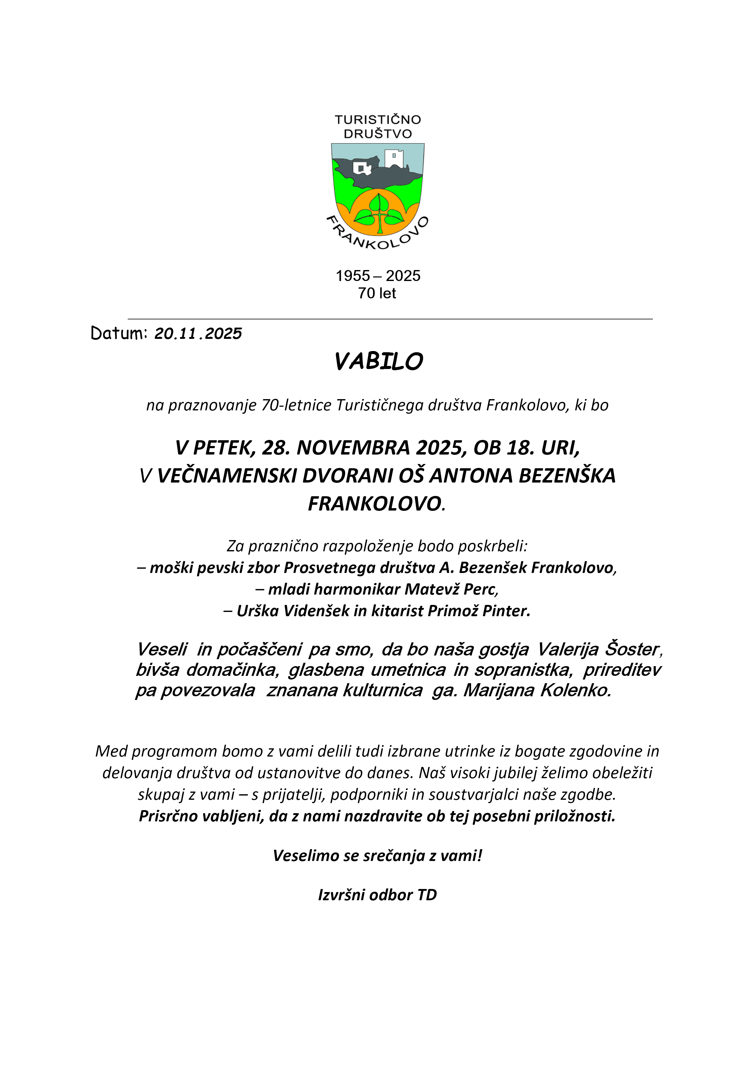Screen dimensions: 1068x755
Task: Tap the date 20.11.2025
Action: (198, 333)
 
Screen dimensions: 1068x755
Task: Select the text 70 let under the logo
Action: (377, 293)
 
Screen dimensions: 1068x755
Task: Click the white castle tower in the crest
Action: (394, 158)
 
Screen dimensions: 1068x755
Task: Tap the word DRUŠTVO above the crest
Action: (377, 134)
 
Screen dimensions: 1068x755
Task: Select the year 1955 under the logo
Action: (353, 276)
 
